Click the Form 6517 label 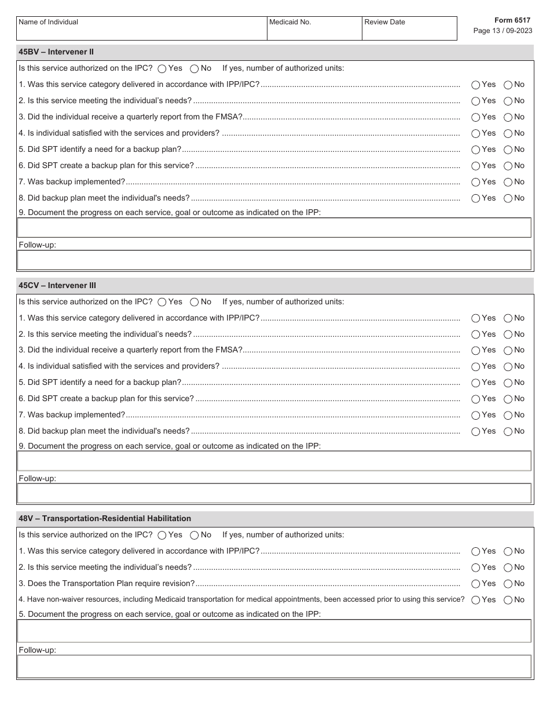tap(512, 20)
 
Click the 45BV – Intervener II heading tap(56, 52)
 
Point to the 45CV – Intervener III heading tap(57, 286)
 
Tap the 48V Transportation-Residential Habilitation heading tap(105, 519)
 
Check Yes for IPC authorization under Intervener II tap(162, 69)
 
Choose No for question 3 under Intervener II tap(508, 117)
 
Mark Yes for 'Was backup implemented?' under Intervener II tap(476, 182)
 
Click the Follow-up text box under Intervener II tap(274, 260)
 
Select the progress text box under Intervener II tap(274, 228)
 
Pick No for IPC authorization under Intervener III tap(195, 302)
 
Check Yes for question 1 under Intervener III tap(476, 318)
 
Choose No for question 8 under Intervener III tap(508, 431)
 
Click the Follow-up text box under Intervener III tap(274, 493)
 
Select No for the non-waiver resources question tap(508, 600)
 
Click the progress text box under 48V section tap(274, 631)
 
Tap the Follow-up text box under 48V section tap(274, 667)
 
